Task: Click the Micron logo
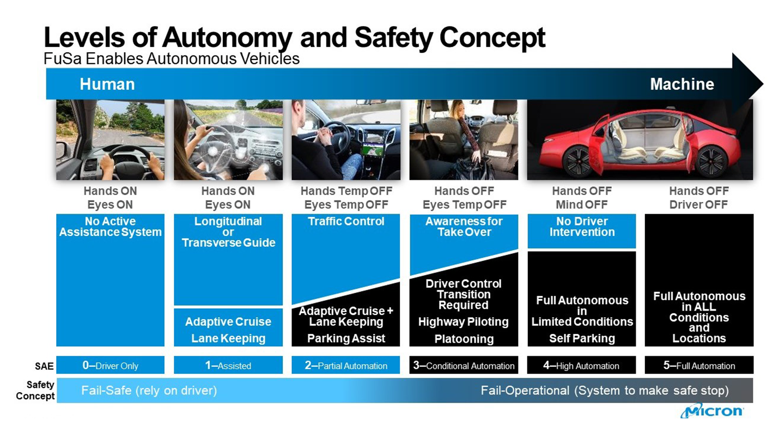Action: pos(711,411)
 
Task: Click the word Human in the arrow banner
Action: pos(107,84)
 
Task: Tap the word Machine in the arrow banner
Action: pos(681,84)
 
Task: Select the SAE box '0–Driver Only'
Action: pos(110,366)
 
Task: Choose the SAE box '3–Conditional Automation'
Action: pos(464,366)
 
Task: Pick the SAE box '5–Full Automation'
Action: pos(699,366)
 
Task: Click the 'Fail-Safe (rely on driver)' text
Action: pos(149,391)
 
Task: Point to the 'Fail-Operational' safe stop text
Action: pos(604,391)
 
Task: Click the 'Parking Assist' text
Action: pos(346,338)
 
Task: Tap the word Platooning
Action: pos(464,339)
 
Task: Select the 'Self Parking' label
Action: pos(582,338)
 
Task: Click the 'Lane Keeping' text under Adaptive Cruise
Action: pos(228,338)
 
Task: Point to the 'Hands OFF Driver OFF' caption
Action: pos(699,198)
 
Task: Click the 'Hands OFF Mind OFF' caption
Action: pos(582,198)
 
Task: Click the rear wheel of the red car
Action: pos(711,162)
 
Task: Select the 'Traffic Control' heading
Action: pos(346,222)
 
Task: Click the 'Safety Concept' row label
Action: pos(35,391)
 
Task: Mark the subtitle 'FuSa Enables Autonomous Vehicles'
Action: pos(172,58)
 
